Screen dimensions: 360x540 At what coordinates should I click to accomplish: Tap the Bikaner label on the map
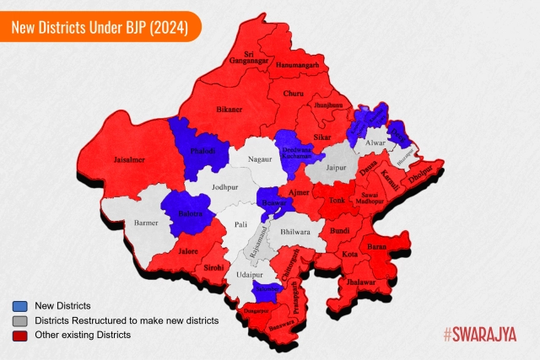(x=229, y=110)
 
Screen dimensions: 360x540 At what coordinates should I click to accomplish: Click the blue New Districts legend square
(x=19, y=305)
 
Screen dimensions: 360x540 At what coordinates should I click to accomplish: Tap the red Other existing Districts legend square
(x=19, y=335)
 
